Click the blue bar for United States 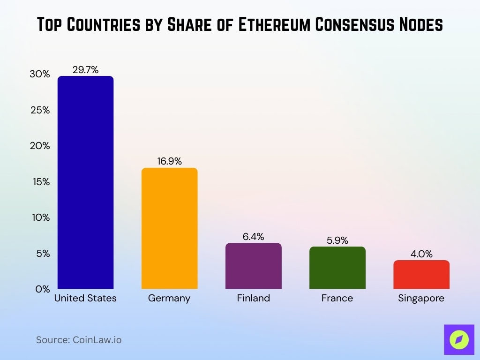(85, 182)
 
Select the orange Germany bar (169, 228)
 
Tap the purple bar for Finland (254, 266)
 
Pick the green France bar (337, 268)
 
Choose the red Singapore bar (421, 275)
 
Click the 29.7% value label (85, 70)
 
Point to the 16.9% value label (169, 162)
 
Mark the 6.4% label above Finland (254, 237)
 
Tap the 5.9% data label (337, 240)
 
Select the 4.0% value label (421, 254)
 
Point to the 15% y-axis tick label (41, 182)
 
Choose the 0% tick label (43, 289)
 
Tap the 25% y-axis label (41, 110)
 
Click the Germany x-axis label (169, 298)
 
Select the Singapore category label (421, 298)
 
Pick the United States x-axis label (85, 298)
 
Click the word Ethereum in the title (274, 25)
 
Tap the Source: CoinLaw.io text (79, 340)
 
